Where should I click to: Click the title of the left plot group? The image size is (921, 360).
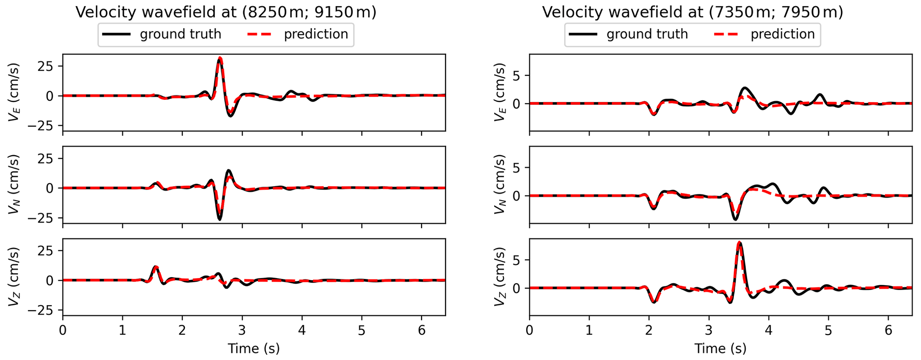point(226,12)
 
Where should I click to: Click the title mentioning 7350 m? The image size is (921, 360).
point(692,12)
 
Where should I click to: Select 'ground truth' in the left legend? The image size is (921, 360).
point(180,34)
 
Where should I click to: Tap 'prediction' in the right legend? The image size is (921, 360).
point(782,34)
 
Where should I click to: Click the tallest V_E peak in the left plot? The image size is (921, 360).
point(220,58)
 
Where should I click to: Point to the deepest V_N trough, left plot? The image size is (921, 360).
point(219,219)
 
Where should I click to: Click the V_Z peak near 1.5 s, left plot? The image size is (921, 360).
point(156,267)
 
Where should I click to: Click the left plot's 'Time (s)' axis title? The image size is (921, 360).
point(254,348)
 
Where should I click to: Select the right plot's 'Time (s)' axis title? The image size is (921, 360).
point(720,348)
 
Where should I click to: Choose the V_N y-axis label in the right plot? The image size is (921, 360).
point(500,184)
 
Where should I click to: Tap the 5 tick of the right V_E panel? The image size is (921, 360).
point(516,76)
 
